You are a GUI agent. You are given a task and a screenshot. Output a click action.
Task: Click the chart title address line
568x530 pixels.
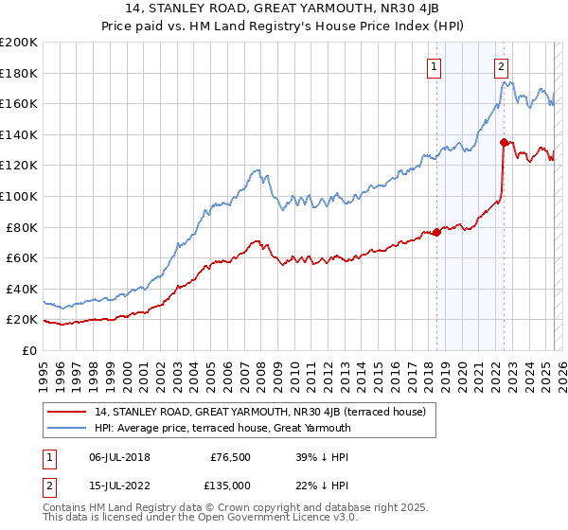tap(284, 10)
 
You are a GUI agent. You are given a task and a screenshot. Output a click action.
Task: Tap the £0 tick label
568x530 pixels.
tap(28, 350)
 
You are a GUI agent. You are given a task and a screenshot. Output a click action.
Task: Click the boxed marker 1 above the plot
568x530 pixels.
tap(434, 66)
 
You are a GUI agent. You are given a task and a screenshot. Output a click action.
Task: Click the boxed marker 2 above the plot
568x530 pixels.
tap(501, 66)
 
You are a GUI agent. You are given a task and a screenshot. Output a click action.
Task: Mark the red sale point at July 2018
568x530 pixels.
tap(436, 232)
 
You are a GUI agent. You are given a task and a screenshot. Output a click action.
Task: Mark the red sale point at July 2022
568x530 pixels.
tap(504, 142)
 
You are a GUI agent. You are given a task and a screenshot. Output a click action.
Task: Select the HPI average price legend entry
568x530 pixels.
tap(222, 428)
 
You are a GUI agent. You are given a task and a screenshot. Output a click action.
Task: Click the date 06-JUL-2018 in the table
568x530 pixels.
tap(121, 456)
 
